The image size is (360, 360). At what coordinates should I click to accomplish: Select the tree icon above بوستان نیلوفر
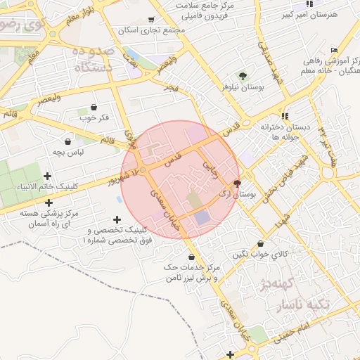(242, 76)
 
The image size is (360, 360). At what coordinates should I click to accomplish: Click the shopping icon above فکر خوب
(94, 107)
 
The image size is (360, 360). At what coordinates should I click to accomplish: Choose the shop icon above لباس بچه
(67, 141)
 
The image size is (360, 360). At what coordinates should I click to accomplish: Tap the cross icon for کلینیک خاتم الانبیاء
(48, 176)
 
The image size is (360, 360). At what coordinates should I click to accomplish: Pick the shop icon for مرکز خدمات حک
(193, 257)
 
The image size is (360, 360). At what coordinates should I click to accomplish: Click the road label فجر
(172, 87)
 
